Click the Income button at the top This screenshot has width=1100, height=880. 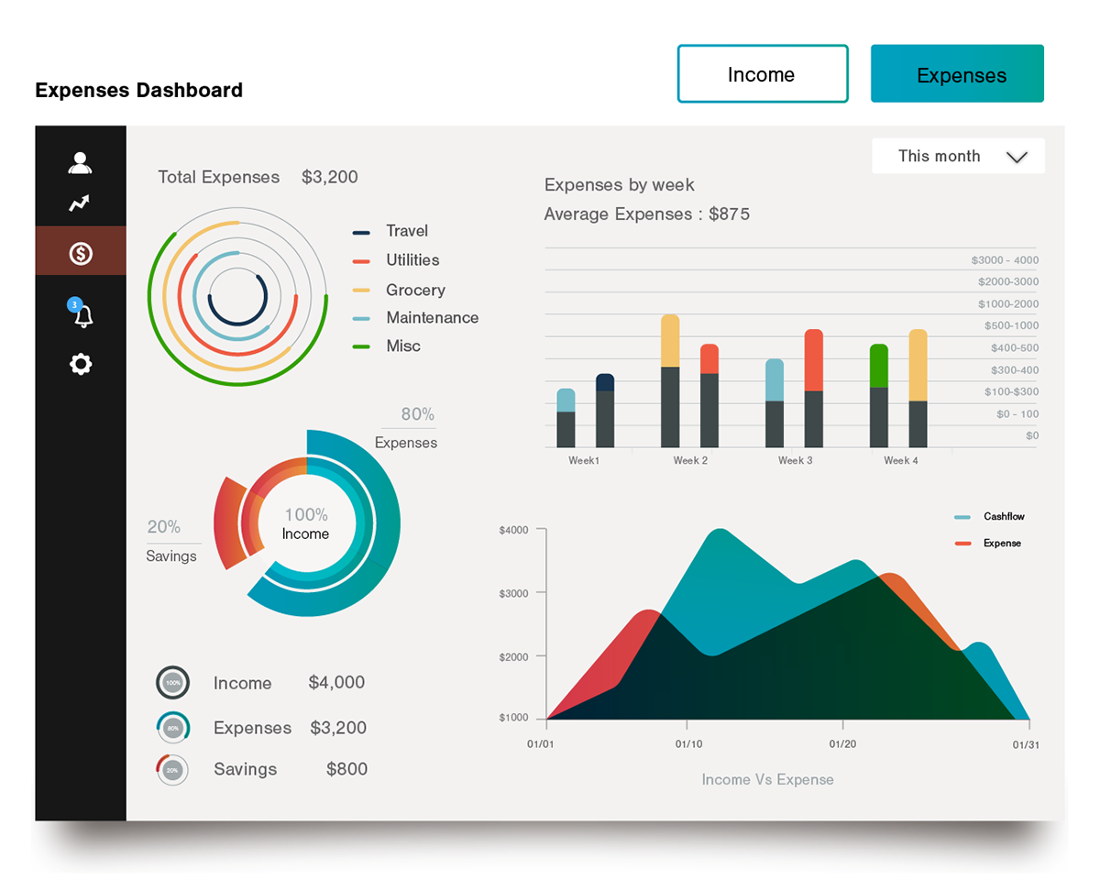[762, 74]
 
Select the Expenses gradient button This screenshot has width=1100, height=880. [957, 74]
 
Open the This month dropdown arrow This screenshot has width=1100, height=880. [1017, 157]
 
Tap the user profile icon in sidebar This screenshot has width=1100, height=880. [81, 163]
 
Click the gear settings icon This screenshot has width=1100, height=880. [81, 364]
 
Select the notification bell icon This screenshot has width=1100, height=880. [82, 315]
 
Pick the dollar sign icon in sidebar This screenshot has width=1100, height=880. [81, 253]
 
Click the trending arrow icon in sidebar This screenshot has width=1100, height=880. [81, 203]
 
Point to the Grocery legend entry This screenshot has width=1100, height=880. [414, 290]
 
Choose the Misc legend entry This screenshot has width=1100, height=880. [402, 346]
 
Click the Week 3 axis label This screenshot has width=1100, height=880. [795, 460]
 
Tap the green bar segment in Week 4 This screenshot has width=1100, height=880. [878, 365]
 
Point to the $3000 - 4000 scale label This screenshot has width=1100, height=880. [1005, 260]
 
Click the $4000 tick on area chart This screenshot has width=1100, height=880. [513, 530]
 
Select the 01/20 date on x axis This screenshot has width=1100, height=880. [842, 743]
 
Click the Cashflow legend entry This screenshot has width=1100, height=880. [1003, 516]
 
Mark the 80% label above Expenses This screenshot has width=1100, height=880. [417, 414]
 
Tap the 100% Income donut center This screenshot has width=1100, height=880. [305, 523]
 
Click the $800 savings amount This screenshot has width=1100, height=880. [346, 769]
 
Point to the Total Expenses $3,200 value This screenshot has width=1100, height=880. [329, 177]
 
